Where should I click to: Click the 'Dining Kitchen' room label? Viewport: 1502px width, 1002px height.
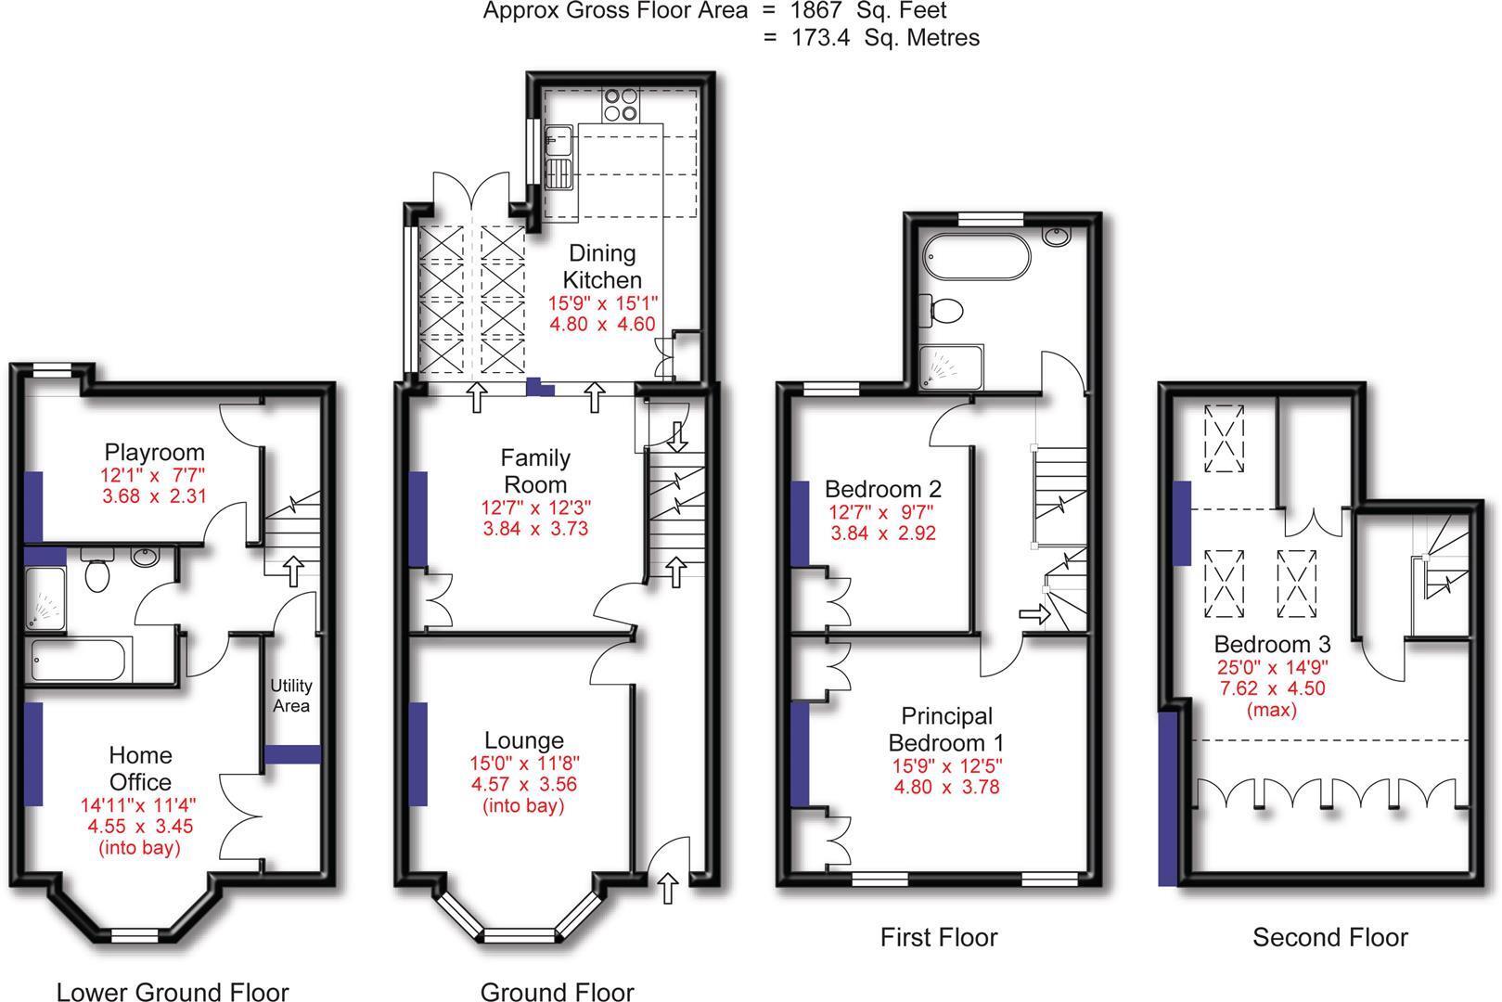click(x=602, y=266)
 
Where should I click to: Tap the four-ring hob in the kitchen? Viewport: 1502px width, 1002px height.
click(x=621, y=104)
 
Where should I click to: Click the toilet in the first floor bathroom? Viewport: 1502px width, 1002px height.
click(x=942, y=310)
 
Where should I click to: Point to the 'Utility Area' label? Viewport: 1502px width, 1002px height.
click(x=291, y=695)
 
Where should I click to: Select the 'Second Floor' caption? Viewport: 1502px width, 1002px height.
click(x=1329, y=937)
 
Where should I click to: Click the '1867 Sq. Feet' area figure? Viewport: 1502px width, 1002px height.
click(x=867, y=11)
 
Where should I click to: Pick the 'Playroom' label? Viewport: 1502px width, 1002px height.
click(x=154, y=453)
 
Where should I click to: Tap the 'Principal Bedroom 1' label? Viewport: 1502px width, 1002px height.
click(x=946, y=729)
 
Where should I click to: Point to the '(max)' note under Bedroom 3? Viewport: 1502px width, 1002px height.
click(x=1271, y=710)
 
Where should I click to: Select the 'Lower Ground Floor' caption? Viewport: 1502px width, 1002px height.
click(x=173, y=991)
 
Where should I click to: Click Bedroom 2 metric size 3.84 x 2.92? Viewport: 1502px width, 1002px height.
click(x=882, y=533)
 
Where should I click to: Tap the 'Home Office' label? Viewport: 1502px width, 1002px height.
click(x=140, y=768)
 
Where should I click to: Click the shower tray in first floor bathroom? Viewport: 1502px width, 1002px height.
click(x=951, y=366)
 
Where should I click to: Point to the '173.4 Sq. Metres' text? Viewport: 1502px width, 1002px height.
click(x=884, y=38)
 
